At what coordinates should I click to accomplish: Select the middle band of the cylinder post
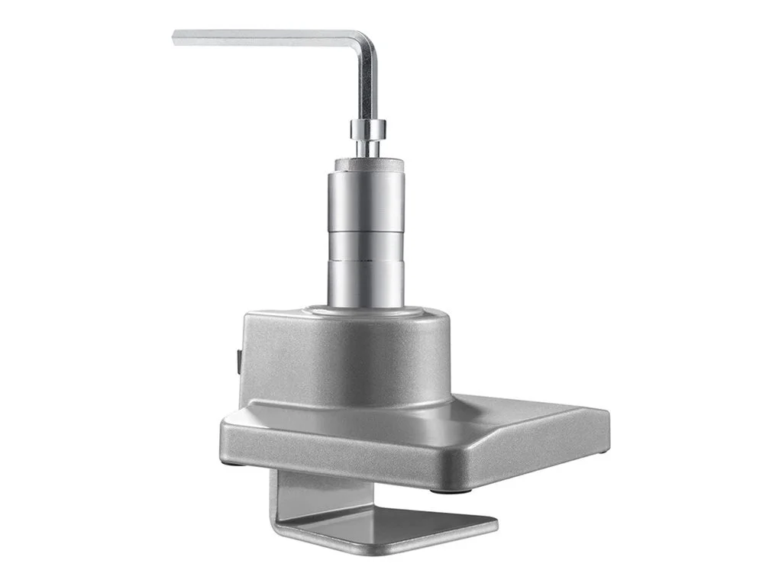pos(367,246)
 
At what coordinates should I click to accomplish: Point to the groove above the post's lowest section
pos(367,262)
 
